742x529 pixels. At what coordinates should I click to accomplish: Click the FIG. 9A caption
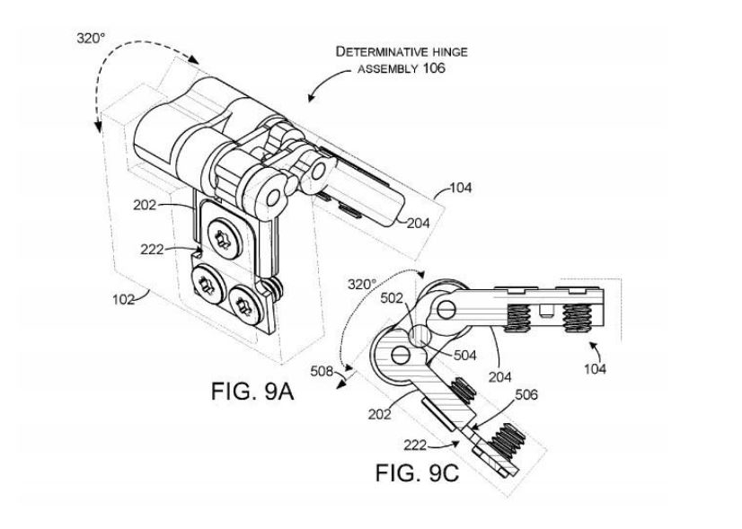point(252,392)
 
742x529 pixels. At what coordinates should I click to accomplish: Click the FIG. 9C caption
point(417,472)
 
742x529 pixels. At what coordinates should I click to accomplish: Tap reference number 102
point(123,299)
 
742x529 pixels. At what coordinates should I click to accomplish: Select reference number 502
point(392,298)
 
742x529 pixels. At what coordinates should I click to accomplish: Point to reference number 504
point(465,355)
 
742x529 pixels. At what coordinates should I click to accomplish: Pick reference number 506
point(526,394)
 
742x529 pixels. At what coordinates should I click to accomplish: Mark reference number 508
point(322,372)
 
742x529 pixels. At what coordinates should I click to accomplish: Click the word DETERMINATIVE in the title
point(375,51)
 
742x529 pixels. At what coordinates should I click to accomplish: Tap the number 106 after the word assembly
point(435,68)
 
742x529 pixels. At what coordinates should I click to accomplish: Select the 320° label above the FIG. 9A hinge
point(91,38)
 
